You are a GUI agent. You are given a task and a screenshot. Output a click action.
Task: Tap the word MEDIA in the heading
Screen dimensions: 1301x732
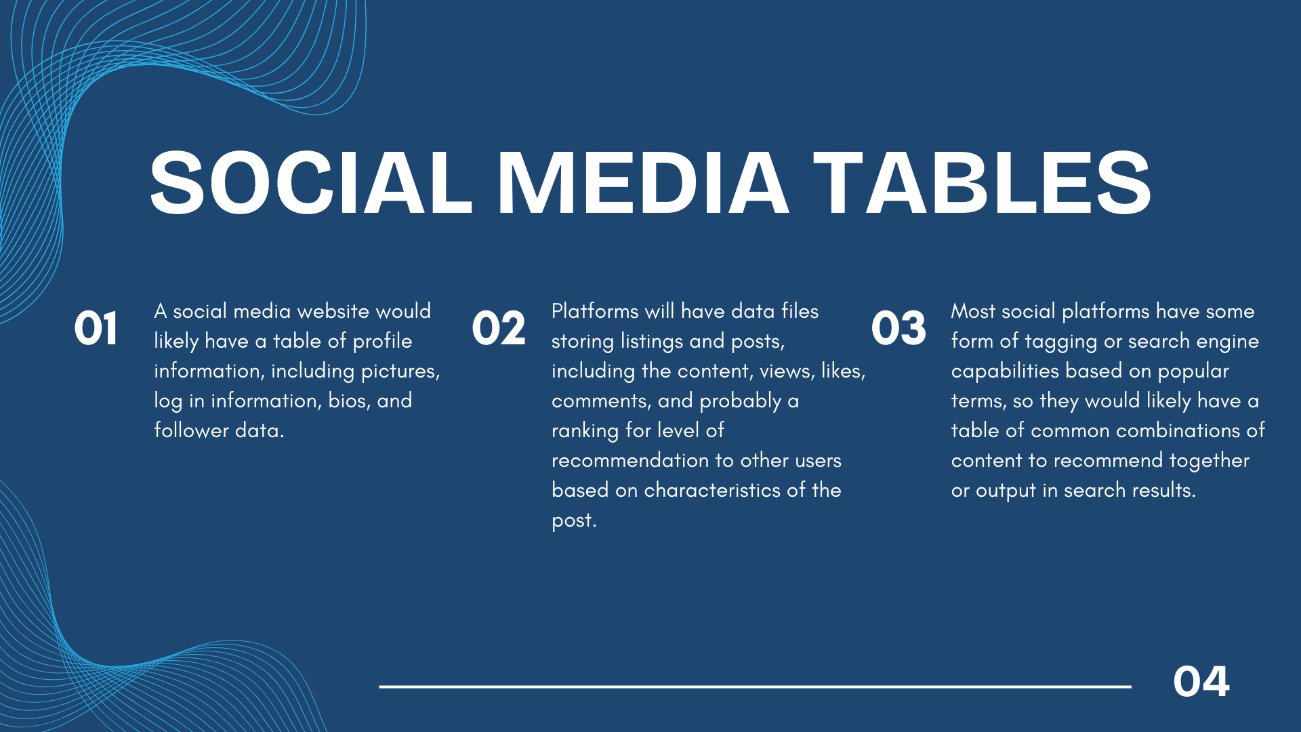coord(643,182)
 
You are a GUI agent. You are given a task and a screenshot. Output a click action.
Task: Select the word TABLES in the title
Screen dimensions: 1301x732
coord(982,182)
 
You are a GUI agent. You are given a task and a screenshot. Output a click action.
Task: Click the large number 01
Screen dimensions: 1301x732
coord(96,329)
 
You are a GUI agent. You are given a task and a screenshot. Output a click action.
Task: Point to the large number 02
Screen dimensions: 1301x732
coord(499,329)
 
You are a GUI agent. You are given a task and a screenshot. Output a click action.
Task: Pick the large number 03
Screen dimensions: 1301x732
coord(899,329)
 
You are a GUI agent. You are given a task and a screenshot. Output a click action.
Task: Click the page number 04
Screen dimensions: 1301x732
coord(1201,682)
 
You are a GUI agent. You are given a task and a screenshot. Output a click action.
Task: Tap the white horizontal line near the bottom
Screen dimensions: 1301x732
coord(755,687)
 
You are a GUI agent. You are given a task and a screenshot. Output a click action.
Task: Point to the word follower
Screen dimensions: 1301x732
coord(191,430)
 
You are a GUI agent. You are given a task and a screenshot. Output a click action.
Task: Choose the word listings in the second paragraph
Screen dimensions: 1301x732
coord(652,342)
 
